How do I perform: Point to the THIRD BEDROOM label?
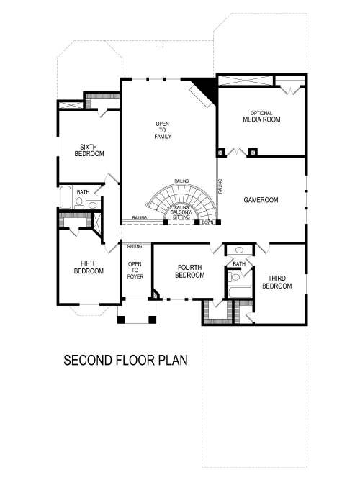[x=276, y=281]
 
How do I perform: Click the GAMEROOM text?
[x=261, y=200]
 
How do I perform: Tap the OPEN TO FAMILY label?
[x=163, y=130]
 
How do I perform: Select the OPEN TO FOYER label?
[x=135, y=271]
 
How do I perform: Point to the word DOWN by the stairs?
[x=207, y=222]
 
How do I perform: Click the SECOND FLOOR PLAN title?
[x=125, y=360]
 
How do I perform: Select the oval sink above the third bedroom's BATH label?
[x=240, y=251]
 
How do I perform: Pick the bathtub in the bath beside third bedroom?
[x=240, y=291]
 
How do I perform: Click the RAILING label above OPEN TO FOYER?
[x=135, y=247]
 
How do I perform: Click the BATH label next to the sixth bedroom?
[x=84, y=192]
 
